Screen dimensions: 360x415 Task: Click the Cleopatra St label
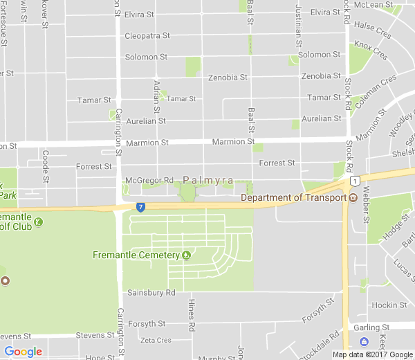pyautogui.click(x=147, y=36)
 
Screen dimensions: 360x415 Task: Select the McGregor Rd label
pyautogui.click(x=149, y=181)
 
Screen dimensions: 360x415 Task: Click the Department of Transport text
pyautogui.click(x=293, y=198)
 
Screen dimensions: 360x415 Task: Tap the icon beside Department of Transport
pyautogui.click(x=353, y=198)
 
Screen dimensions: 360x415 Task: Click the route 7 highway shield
pyautogui.click(x=140, y=206)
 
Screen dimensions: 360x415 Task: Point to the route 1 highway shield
pyautogui.click(x=354, y=181)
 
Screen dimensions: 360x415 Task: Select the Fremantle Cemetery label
pyautogui.click(x=136, y=255)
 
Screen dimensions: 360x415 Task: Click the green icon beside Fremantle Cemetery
pyautogui.click(x=186, y=255)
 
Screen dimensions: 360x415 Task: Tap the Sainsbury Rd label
pyautogui.click(x=151, y=293)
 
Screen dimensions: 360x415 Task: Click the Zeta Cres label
pyautogui.click(x=155, y=340)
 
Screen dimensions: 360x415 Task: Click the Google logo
pyautogui.click(x=23, y=352)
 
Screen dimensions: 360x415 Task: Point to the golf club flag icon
pyautogui.click(x=38, y=222)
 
